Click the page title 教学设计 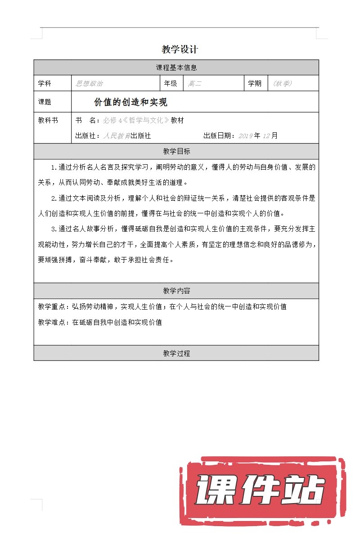[x=180, y=49]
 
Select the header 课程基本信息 [x=176, y=68]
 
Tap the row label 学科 [x=45, y=84]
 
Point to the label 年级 [x=171, y=84]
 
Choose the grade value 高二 [x=195, y=84]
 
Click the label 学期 [x=255, y=84]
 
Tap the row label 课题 [x=45, y=103]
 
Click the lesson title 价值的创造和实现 [x=130, y=103]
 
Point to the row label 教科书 [x=48, y=121]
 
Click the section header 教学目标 [x=176, y=151]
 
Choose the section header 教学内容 [x=176, y=291]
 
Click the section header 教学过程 [x=176, y=353]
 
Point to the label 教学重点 [x=51, y=307]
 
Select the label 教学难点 [x=51, y=322]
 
